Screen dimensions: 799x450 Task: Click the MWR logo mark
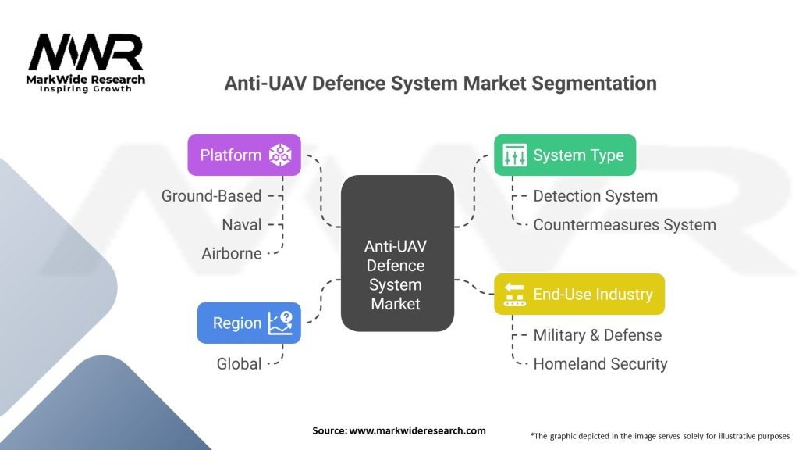click(x=86, y=52)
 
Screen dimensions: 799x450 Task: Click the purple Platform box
click(x=244, y=155)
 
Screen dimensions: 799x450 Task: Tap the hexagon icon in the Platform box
click(x=280, y=155)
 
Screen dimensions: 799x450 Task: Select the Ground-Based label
click(x=211, y=196)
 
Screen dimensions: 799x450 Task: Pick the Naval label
click(x=242, y=224)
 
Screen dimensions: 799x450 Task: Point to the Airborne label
click(x=231, y=254)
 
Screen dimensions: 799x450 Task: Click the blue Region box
click(x=249, y=323)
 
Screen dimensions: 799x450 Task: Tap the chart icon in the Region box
click(x=280, y=323)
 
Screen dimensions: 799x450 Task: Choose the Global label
click(x=239, y=364)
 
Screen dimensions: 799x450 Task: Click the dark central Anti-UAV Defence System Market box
click(x=397, y=253)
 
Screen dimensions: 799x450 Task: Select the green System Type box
click(x=565, y=155)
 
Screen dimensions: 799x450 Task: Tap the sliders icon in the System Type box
click(x=515, y=155)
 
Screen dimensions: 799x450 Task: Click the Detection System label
click(x=595, y=196)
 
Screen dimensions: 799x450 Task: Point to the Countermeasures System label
click(x=625, y=225)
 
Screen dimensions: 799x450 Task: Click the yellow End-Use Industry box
click(x=580, y=294)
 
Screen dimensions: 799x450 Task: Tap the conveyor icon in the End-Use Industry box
click(x=515, y=295)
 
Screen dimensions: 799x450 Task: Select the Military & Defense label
click(x=598, y=335)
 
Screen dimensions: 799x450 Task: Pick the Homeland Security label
click(x=600, y=364)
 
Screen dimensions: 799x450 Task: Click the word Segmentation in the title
click(x=594, y=83)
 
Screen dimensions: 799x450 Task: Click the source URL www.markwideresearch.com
click(x=417, y=430)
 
